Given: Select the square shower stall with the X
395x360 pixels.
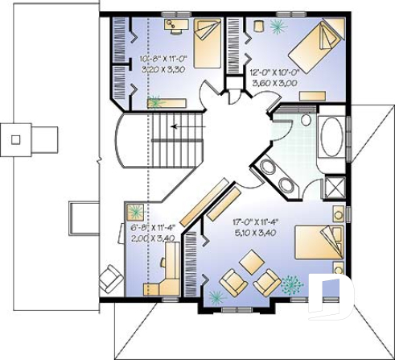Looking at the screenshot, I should coord(332,188).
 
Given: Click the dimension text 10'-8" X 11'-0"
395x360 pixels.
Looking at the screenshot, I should coord(163,60).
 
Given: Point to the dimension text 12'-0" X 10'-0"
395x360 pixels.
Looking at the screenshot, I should coord(276,71).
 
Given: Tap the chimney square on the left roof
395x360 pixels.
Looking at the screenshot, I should coord(14,138).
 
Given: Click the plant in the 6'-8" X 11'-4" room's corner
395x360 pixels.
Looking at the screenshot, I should coord(134,212).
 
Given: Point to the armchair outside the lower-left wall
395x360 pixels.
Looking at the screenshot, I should coord(107,279).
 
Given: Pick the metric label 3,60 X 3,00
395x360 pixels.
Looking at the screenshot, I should coord(276,81).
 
